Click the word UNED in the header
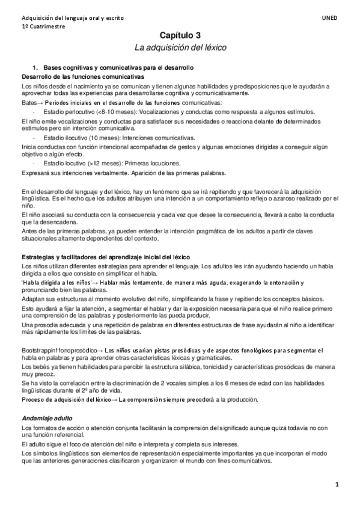330,18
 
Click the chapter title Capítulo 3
181,36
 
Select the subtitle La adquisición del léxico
181,48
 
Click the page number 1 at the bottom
337,485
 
